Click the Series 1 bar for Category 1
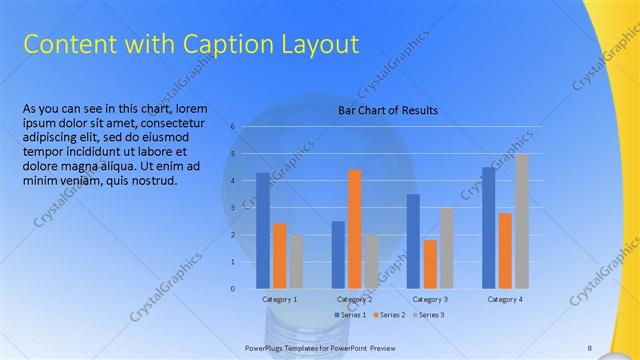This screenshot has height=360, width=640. pos(263,230)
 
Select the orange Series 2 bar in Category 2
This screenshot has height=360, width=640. pos(354,229)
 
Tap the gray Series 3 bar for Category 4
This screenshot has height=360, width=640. pos(521,221)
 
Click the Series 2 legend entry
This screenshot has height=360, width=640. pos(389,315)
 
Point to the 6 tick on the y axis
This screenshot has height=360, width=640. pos(232,127)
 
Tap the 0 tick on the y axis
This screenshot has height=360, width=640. pos(232,289)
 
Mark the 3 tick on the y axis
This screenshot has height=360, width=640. pos(232,208)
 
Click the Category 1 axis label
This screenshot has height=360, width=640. pos(279,299)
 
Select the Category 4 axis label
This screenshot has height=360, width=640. pos(505,299)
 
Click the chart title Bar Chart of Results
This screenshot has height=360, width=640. pos(388,110)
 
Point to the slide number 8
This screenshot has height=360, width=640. pos(590,348)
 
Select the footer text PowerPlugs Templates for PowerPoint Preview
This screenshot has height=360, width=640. pos(314,348)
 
